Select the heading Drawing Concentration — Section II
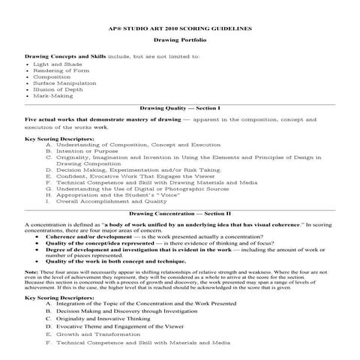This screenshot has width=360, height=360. coord(179,214)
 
